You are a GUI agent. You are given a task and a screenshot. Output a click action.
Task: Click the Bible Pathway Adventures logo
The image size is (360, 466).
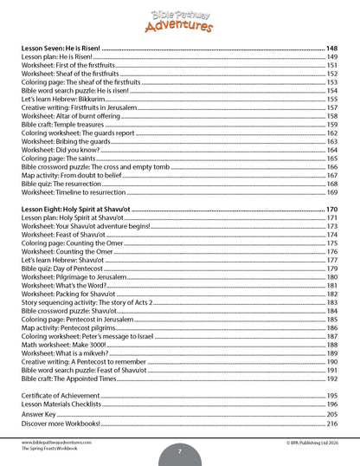pyautogui.click(x=180, y=16)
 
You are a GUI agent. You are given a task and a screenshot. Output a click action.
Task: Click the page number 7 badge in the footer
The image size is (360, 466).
pyautogui.click(x=179, y=451)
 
